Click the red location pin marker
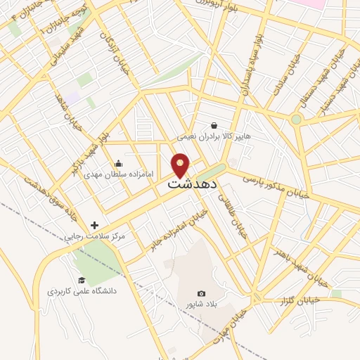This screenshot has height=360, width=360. (181, 165)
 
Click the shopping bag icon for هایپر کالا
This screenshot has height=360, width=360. (214, 125)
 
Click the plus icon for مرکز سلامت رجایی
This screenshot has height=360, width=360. (94, 226)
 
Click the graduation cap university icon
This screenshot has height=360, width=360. (82, 280)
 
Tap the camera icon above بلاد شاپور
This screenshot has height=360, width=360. (202, 293)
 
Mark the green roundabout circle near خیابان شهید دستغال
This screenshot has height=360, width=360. (297, 120)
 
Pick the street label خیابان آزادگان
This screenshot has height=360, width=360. (116, 49)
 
